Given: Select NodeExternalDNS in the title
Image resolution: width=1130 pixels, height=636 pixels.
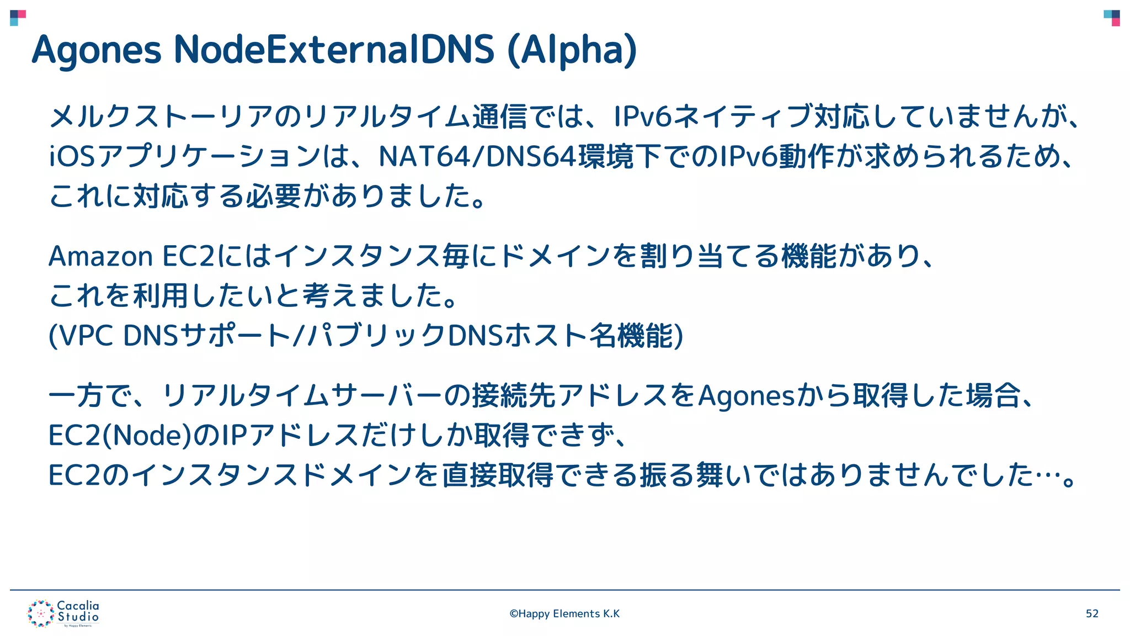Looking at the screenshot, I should coord(334,50).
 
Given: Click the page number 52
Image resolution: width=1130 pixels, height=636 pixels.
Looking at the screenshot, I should coord(1092,614).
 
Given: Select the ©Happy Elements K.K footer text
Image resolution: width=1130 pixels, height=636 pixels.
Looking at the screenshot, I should coord(564,614).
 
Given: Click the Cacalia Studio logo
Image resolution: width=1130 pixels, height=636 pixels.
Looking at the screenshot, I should coord(63,613).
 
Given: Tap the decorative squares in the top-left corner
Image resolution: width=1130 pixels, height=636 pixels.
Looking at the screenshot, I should coord(18,18).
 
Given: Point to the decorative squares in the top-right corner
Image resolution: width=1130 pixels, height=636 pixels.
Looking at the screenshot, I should coord(1112,18).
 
